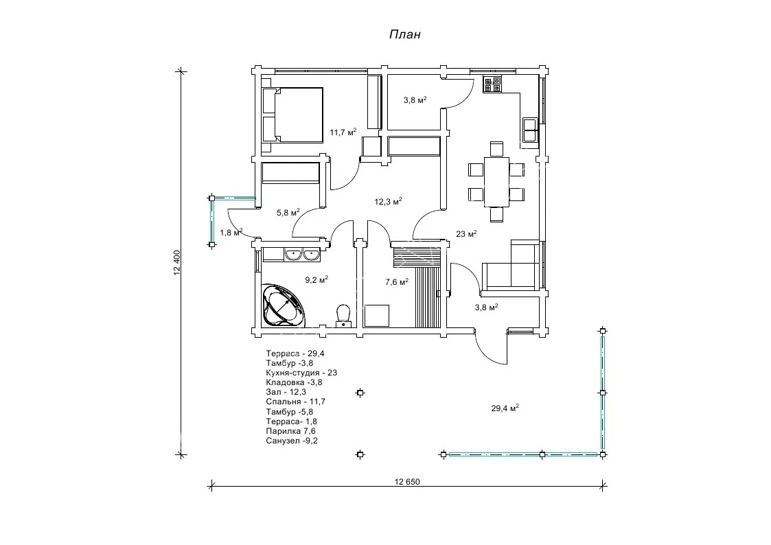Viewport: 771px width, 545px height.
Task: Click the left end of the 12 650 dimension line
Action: click(x=211, y=486)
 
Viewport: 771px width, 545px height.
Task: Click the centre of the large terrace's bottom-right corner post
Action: click(x=603, y=454)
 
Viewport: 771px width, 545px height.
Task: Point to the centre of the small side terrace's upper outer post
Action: click(x=211, y=198)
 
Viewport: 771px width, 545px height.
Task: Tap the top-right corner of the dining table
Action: click(x=509, y=157)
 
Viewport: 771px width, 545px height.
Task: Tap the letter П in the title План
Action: click(x=394, y=34)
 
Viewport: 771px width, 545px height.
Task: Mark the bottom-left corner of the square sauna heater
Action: click(x=365, y=327)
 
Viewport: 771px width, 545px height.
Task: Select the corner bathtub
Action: click(x=283, y=305)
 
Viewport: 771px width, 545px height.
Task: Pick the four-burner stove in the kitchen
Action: click(x=492, y=84)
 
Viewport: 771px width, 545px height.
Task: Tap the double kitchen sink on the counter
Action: click(x=529, y=129)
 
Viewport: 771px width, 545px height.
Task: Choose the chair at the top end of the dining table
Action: click(x=496, y=149)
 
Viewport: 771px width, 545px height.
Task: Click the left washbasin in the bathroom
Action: click(x=294, y=254)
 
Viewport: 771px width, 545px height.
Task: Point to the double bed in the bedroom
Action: click(x=292, y=115)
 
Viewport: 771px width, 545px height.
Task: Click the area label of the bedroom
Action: click(x=343, y=132)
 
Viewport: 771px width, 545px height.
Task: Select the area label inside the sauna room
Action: click(x=397, y=281)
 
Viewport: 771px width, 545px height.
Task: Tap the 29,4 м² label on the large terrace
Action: click(x=505, y=408)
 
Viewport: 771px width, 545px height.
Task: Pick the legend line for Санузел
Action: click(x=292, y=441)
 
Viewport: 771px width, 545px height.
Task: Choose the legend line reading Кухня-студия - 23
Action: click(x=301, y=373)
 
